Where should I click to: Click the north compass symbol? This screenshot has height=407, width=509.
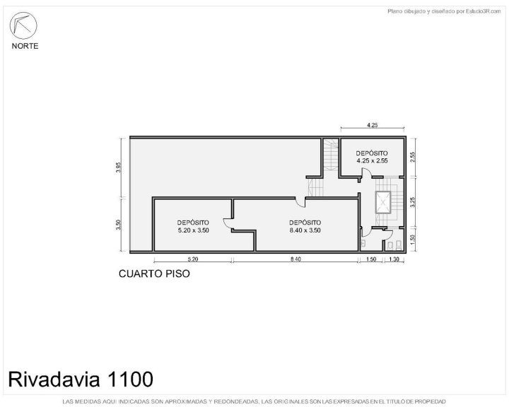coord(23,25)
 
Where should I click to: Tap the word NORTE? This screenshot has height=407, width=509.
coord(25,46)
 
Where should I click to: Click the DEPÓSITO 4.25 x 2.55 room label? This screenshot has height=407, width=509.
coord(372,157)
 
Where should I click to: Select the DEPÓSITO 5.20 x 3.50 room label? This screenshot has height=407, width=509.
coord(193,227)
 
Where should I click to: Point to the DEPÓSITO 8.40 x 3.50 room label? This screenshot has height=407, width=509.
coord(305,227)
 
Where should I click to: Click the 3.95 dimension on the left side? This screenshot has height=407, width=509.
coord(119,167)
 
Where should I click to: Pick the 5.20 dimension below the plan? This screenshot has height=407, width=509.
coord(193,259)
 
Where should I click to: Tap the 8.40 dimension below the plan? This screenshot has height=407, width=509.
coord(296,259)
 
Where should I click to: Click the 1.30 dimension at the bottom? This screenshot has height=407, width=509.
coord(394,259)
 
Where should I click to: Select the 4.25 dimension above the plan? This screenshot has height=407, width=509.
coord(373,125)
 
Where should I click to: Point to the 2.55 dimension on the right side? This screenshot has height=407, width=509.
coord(413,158)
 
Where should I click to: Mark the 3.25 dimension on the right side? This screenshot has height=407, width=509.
coord(413,202)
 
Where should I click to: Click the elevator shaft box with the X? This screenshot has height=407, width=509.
coord(383,203)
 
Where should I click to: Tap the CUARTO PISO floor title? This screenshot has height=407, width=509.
coord(154,273)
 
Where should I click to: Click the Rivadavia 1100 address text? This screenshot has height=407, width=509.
coord(81,379)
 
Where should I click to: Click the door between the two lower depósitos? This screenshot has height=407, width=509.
coord(228,223)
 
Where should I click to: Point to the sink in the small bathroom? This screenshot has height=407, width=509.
coord(363,243)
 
